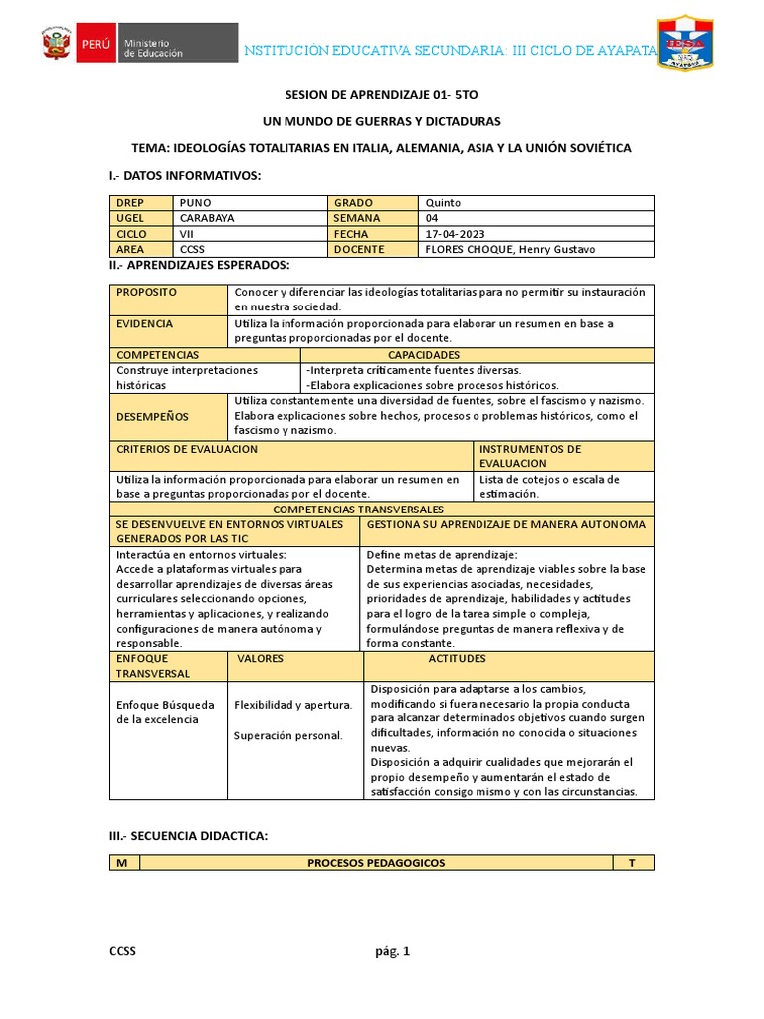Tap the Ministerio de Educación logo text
coord(152,48)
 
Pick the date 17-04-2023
coord(456,234)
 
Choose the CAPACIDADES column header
coord(424,355)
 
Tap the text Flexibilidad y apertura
coord(292,705)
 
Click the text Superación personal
coord(287,736)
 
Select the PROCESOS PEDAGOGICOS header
coord(376,863)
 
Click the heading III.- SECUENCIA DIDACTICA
coord(188,836)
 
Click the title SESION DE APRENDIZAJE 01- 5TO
coord(381,94)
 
